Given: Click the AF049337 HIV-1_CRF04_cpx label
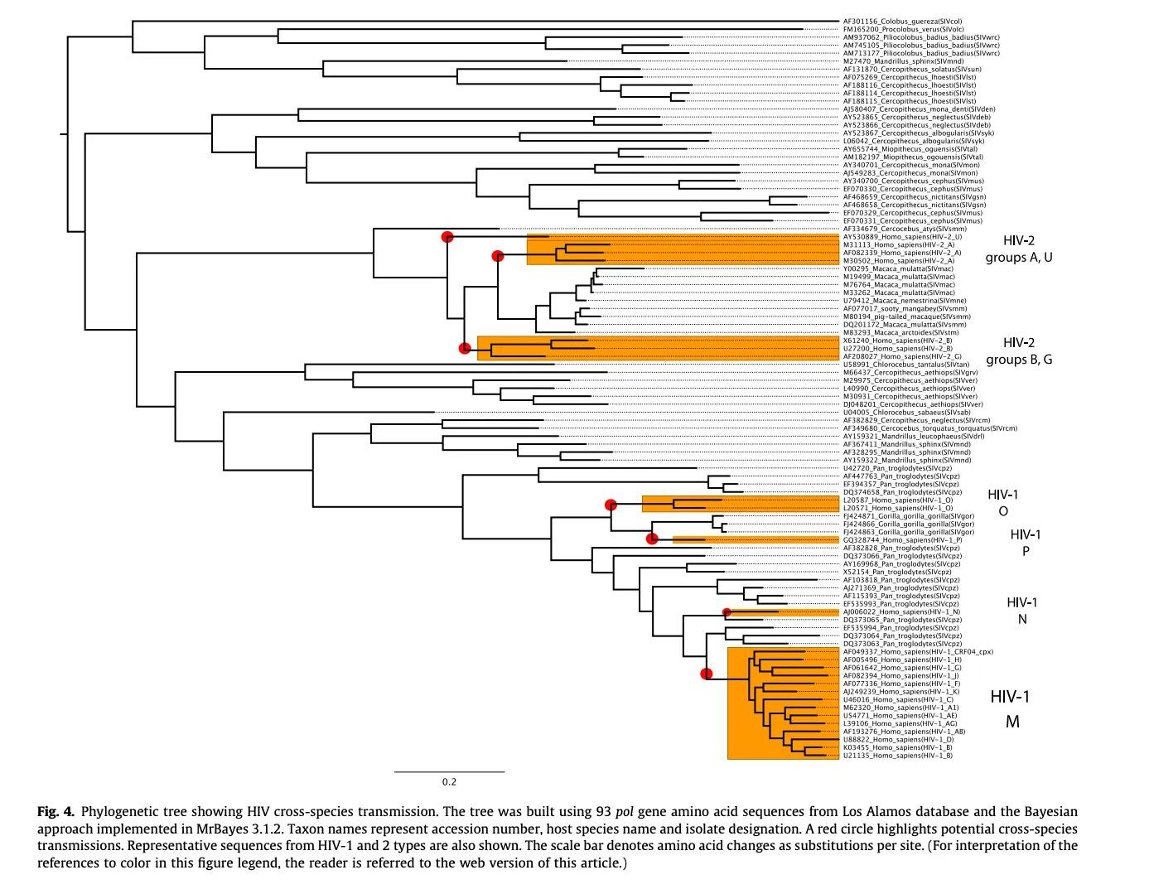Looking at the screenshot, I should tap(918, 652).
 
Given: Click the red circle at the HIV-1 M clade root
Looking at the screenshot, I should tap(707, 674).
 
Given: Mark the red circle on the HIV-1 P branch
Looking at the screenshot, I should tap(653, 539).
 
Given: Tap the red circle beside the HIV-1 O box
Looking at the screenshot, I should tap(611, 505).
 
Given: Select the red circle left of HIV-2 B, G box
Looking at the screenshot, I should tap(465, 348).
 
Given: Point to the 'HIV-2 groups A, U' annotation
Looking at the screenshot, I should tap(1018, 249).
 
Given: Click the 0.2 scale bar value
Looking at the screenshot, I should tap(449, 781).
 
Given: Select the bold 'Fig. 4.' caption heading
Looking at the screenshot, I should tap(56, 811).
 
